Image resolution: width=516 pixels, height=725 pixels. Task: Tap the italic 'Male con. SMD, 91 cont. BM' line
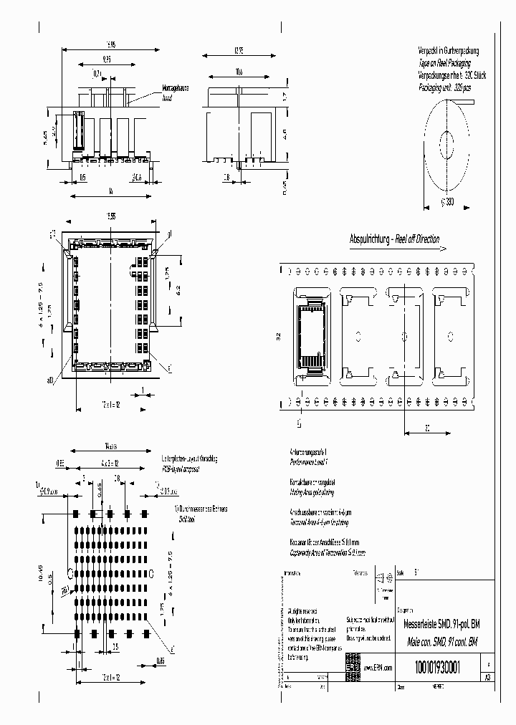[439, 642]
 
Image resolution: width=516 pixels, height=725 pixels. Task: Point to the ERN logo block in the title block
[353, 663]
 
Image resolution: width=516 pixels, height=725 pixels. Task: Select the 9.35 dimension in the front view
[107, 60]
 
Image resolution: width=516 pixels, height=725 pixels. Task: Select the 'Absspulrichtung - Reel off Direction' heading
[394, 239]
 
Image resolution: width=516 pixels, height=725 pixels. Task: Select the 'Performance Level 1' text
[306, 464]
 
